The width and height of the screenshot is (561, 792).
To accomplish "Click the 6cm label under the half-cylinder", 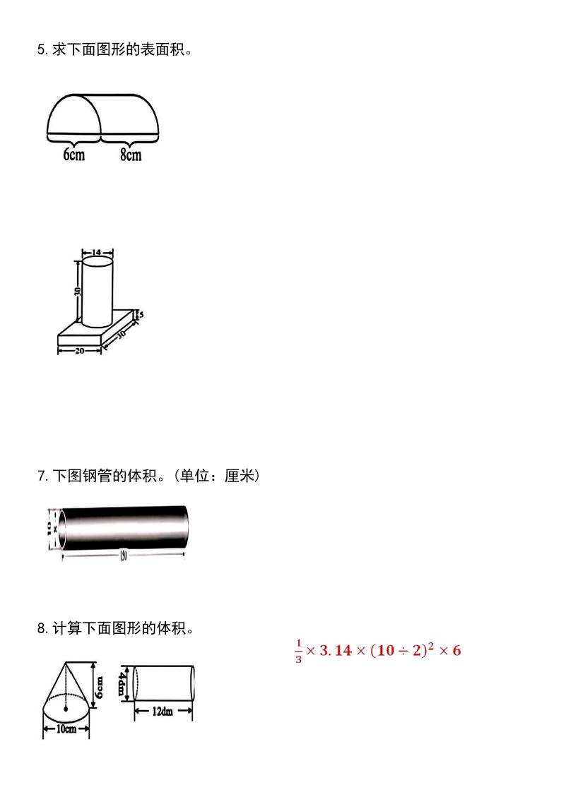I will pos(73,155).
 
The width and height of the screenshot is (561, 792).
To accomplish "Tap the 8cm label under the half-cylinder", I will pos(130,155).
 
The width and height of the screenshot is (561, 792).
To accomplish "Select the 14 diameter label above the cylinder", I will pos(97,251).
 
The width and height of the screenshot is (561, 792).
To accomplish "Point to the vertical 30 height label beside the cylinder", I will pos(77,290).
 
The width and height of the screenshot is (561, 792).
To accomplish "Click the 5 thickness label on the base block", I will pos(141,316).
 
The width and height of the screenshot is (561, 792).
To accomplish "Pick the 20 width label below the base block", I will pos(79,350).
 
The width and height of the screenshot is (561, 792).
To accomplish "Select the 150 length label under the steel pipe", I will pos(124,557).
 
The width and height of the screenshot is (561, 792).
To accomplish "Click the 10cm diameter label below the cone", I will pos(66,730).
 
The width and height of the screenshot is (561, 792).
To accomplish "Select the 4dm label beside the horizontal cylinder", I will pos(122,683).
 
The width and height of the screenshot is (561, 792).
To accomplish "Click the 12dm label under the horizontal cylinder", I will pos(163,712).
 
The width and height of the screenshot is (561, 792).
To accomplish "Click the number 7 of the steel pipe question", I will pos(40,476).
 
